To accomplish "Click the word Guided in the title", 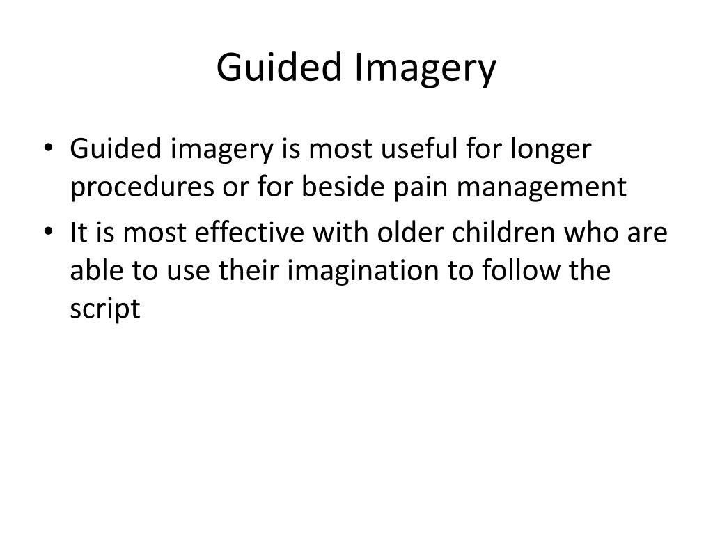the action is click(x=279, y=66).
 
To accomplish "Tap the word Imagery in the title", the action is click(x=425, y=69).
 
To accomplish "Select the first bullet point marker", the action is click(x=49, y=148).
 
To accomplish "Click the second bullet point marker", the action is click(x=49, y=231).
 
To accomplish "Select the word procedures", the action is click(x=142, y=187).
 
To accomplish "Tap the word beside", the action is click(x=343, y=186).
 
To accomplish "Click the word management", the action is click(x=542, y=189).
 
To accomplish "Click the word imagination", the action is click(x=363, y=272).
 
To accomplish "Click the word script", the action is click(x=105, y=310).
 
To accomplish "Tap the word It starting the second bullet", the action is click(x=78, y=232).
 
